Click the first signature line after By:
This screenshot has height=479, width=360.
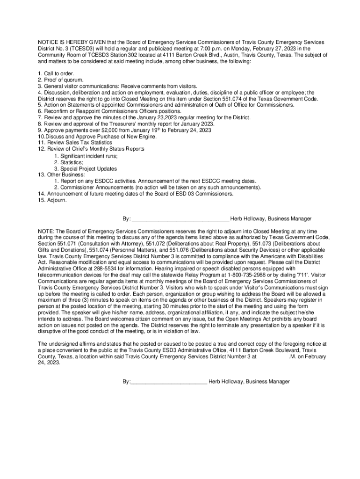coord(180,219)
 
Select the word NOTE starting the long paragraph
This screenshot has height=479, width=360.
coord(46,231)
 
